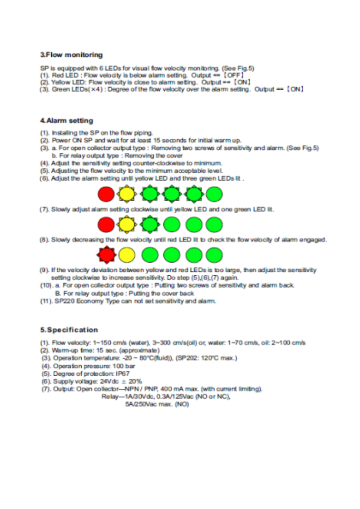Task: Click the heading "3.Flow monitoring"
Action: coord(71,55)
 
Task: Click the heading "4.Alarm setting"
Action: coord(66,121)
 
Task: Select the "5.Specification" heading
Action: coord(69,329)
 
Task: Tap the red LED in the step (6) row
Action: coord(105,195)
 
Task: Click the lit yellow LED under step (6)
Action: coord(127,195)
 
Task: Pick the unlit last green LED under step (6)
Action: coord(214,195)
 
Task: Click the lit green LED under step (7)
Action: coord(149,224)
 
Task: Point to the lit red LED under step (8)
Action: coord(106,254)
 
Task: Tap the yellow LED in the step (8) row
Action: coord(127,254)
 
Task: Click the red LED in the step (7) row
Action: coord(105,224)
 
